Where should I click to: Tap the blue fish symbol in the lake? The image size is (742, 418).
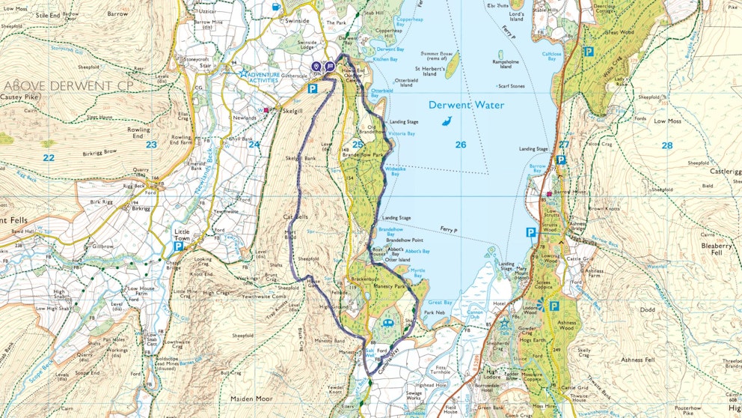coord(446,122)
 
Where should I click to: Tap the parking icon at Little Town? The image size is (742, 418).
coord(180,246)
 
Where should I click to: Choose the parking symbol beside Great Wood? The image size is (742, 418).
coord(588,52)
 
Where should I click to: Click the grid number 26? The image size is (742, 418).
coord(460,145)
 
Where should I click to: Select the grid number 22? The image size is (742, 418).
coord(49,157)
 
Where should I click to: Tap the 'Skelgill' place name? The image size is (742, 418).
coord(292,110)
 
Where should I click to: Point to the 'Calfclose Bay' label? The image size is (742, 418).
coord(551,56)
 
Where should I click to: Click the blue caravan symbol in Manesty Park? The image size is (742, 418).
coord(388,323)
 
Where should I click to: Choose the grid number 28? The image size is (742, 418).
coord(666,145)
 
